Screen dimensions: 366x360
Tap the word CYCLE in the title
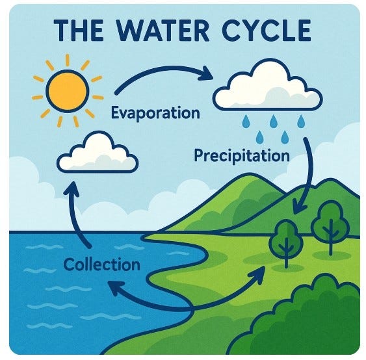267,31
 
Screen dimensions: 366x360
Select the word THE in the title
79,31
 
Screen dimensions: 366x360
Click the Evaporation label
155,113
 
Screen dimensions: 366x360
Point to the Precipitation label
242,156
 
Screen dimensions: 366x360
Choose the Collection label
102,264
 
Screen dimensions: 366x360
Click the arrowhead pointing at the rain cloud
206,73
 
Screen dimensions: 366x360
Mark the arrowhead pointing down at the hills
299,207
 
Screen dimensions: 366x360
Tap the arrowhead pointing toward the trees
257,275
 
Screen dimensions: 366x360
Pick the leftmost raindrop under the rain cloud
246,122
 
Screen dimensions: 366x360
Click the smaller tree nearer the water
287,243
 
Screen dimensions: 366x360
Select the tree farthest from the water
331,227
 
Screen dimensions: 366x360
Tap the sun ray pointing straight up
68,60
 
